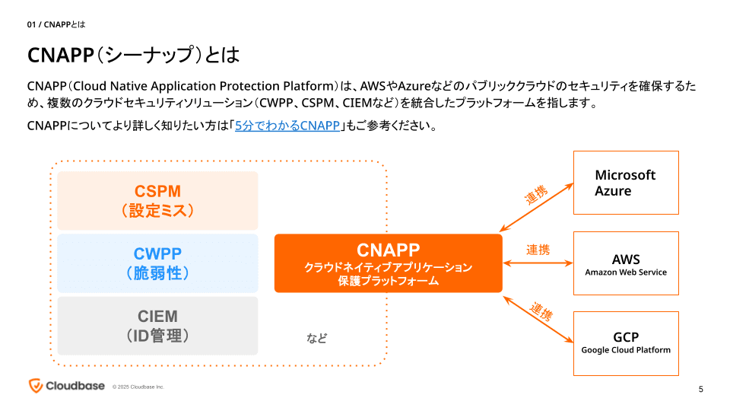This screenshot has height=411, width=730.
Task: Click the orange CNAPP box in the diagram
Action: tap(388, 263)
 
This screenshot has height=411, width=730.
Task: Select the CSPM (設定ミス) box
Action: tap(158, 200)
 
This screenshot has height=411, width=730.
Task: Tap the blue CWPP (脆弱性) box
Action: tap(158, 263)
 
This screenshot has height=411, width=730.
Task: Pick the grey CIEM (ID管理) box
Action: tap(158, 325)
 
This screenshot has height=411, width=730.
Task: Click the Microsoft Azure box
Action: tap(625, 183)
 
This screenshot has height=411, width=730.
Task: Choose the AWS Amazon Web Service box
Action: tap(625, 263)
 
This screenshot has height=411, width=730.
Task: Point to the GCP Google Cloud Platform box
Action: tap(625, 343)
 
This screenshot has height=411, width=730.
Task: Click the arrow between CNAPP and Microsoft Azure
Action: tap(536, 207)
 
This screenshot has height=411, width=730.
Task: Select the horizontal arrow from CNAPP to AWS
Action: tap(538, 263)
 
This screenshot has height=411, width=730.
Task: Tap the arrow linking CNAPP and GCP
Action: tap(537, 319)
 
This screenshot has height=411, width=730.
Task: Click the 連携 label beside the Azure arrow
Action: tap(535, 195)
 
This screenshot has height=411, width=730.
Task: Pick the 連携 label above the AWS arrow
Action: tap(538, 250)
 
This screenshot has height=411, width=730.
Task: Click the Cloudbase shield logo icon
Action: tap(35, 385)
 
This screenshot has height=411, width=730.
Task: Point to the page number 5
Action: tap(700, 390)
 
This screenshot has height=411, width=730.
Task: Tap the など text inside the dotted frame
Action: tap(316, 338)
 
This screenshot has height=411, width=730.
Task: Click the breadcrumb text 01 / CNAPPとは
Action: tap(56, 24)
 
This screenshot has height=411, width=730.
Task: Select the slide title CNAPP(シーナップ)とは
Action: tap(133, 55)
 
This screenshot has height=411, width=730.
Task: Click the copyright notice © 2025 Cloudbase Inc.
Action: tap(138, 387)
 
